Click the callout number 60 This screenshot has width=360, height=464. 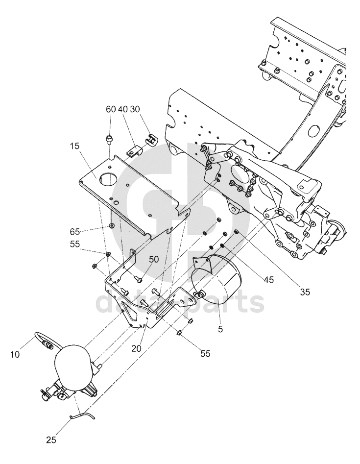(111, 109)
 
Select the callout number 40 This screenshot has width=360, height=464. (123, 109)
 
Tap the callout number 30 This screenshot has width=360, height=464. (135, 109)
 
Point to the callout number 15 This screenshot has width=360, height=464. (75, 146)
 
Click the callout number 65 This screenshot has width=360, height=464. (75, 231)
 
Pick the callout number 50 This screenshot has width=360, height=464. (154, 259)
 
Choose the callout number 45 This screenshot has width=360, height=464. (268, 280)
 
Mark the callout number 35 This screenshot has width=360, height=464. (305, 292)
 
